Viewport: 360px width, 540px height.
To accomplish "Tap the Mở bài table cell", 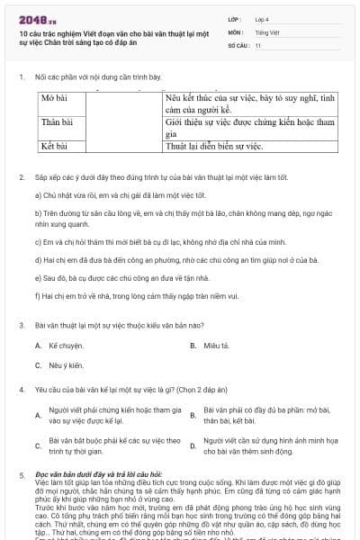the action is click(56, 96).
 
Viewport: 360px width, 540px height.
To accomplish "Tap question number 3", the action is click(22, 324).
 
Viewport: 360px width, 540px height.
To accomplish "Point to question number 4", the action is click(22, 389).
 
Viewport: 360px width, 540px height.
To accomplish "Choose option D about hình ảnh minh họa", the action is click(262, 445).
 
